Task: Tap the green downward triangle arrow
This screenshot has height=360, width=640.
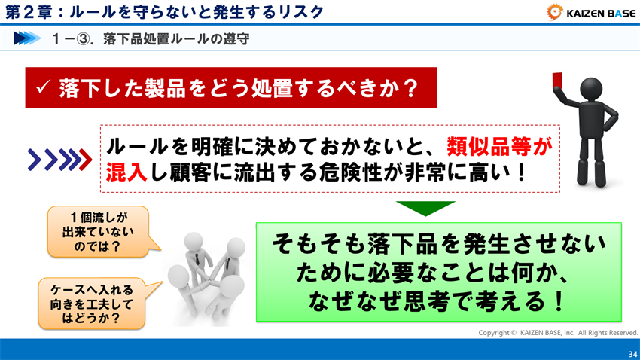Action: (x=425, y=208)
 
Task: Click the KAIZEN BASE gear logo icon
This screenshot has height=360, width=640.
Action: (x=556, y=12)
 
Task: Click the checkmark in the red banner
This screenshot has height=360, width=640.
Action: (x=43, y=88)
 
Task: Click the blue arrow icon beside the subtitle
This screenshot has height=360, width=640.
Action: (x=27, y=38)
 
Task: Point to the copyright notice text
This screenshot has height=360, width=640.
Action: (x=558, y=332)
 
